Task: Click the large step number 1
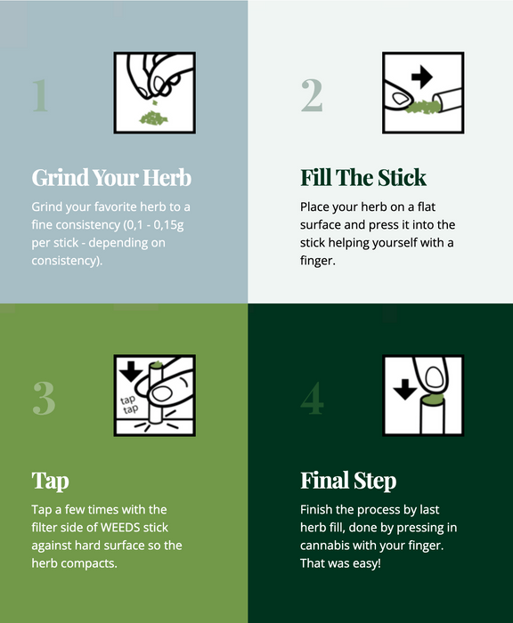click(39, 95)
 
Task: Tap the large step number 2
click(312, 95)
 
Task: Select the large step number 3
click(44, 398)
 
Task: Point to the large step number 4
click(312, 398)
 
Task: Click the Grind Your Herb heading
click(111, 177)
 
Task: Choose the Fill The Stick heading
click(363, 177)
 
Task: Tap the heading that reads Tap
click(51, 481)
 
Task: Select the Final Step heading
click(348, 481)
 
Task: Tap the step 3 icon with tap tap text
click(155, 395)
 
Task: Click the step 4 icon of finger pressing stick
click(423, 395)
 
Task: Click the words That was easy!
click(340, 564)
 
